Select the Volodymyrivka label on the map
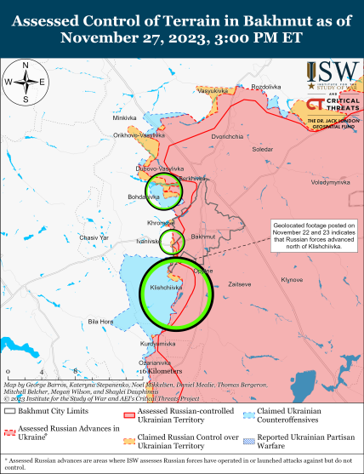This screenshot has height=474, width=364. (330, 182)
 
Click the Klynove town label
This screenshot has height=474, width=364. (292, 279)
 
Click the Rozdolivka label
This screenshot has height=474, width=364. (264, 87)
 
